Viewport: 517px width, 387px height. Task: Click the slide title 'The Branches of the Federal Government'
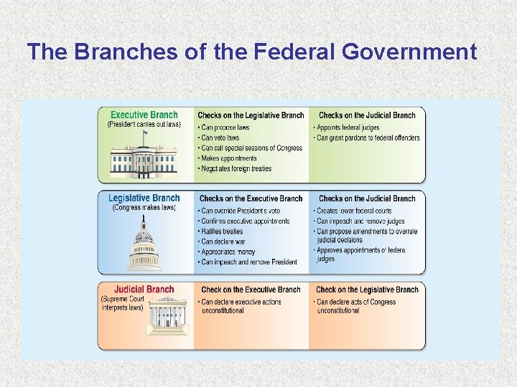(x=251, y=52)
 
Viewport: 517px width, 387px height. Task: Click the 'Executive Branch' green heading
(x=144, y=115)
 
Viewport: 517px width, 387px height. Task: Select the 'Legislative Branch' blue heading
(x=144, y=199)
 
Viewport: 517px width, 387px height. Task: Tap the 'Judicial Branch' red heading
(x=144, y=290)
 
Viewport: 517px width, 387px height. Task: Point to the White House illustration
(x=145, y=161)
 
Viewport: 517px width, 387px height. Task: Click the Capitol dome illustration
(x=144, y=247)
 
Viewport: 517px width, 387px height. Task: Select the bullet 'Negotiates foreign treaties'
(x=236, y=168)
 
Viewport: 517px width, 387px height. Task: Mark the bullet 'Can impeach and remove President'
(x=248, y=262)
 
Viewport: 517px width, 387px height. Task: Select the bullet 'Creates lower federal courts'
(x=355, y=211)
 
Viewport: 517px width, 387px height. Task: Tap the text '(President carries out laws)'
(x=144, y=125)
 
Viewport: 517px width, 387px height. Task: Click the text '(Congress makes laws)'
(x=144, y=208)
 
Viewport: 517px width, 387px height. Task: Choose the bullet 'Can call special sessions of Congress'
(x=251, y=148)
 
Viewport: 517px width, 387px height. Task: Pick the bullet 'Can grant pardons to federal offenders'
(x=368, y=138)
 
